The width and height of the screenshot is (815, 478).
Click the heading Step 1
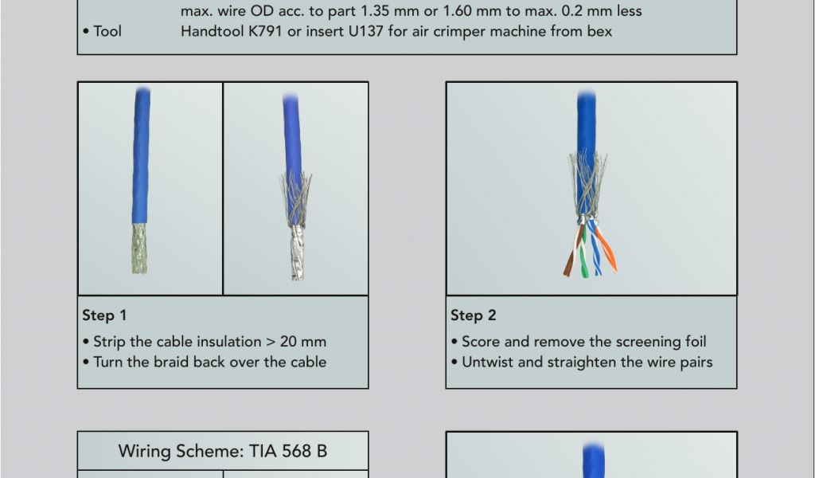click(104, 315)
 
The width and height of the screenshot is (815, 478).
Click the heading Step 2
click(474, 315)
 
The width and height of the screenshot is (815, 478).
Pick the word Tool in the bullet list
click(107, 31)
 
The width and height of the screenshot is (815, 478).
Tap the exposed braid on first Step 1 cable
click(138, 249)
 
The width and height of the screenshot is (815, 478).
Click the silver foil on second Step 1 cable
click(297, 253)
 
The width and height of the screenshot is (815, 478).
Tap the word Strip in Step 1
click(110, 342)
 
